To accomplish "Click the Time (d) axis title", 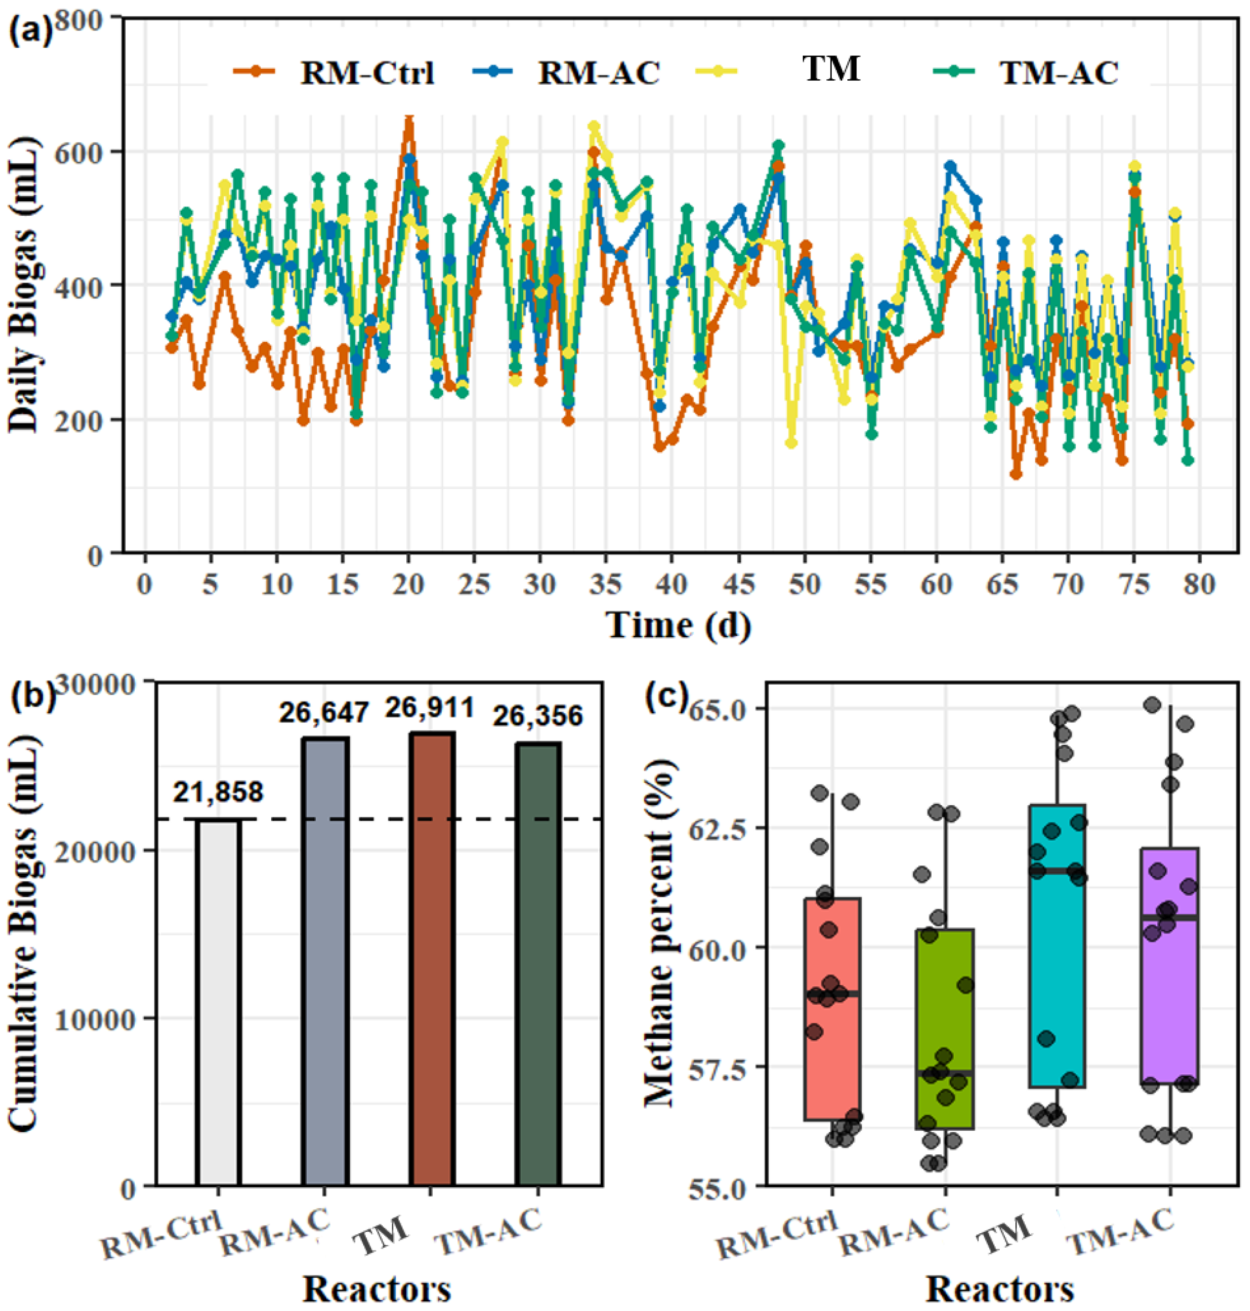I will coord(678,625).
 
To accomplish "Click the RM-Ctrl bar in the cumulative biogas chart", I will coord(218,1002).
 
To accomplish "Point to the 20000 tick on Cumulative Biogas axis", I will coord(99,850).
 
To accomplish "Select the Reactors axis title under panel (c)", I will coord(999,1290).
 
